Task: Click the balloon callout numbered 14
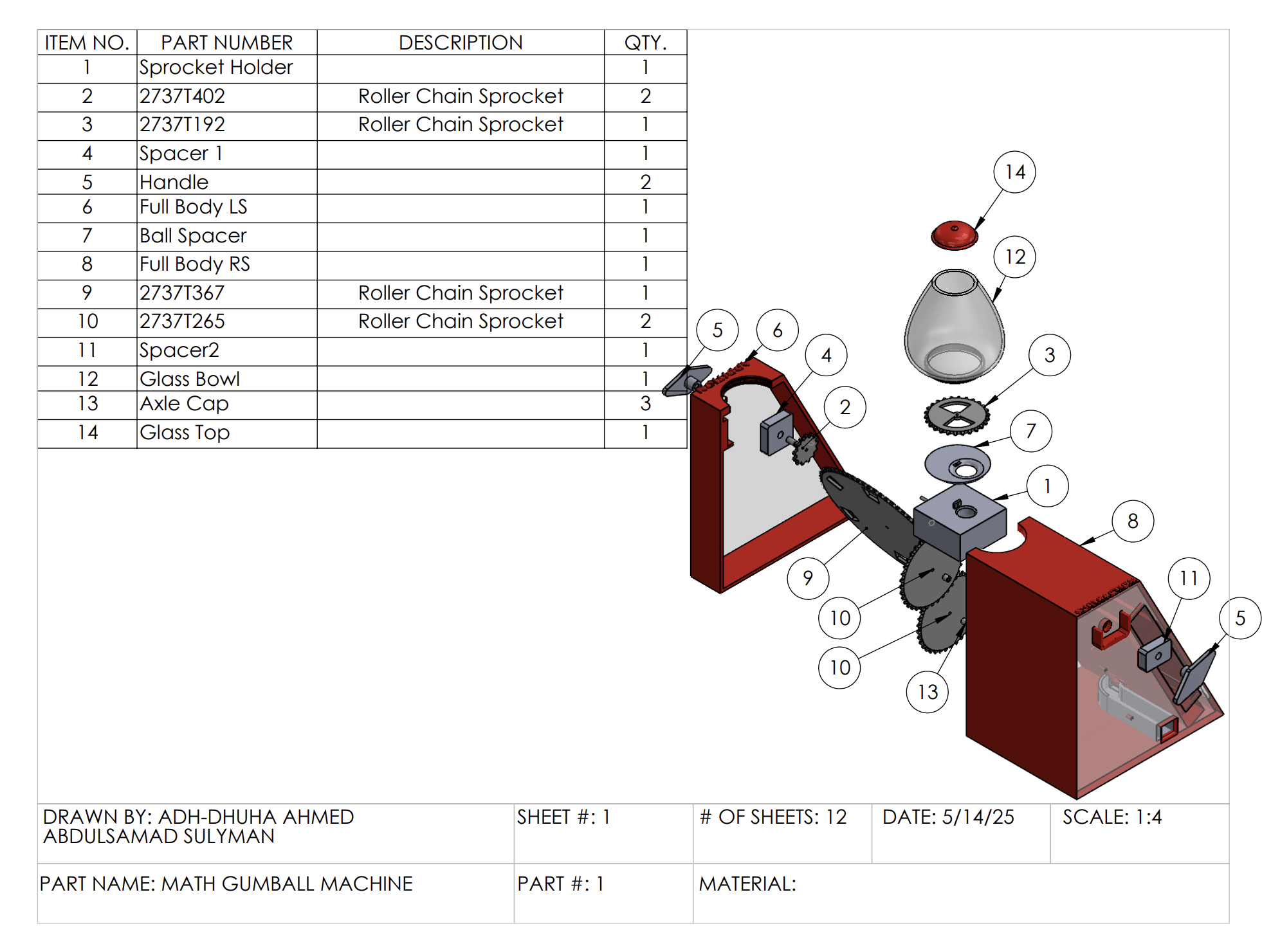(1014, 172)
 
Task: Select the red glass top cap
(955, 235)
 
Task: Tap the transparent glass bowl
(955, 328)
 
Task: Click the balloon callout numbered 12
(1014, 257)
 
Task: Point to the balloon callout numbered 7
(1030, 431)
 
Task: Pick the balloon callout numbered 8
(1132, 521)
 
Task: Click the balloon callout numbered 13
(927, 692)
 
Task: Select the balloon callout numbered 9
(808, 578)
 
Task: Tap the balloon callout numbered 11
(1188, 578)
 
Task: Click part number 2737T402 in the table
(183, 96)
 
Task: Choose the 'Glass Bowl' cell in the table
(190, 379)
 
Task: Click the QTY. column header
(645, 42)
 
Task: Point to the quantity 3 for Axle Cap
(645, 404)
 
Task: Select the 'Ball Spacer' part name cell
(193, 236)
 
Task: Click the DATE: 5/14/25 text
(948, 817)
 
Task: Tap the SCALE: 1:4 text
(1111, 817)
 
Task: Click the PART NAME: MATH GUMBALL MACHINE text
(226, 884)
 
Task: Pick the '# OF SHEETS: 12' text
(773, 817)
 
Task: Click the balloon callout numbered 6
(777, 331)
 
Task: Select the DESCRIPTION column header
(461, 42)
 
